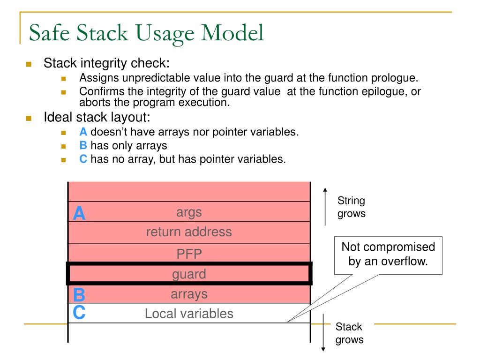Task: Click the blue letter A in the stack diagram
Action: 79,213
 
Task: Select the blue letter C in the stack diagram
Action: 79,313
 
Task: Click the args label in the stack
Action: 189,212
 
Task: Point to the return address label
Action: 189,232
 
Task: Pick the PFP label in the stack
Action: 189,254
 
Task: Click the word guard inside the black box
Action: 189,274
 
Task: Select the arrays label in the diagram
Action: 189,294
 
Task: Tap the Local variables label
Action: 189,314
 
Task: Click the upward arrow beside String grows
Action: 325,206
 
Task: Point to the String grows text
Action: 351,207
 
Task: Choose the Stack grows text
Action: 349,333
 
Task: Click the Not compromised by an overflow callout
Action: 388,254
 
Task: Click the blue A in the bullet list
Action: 83,132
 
